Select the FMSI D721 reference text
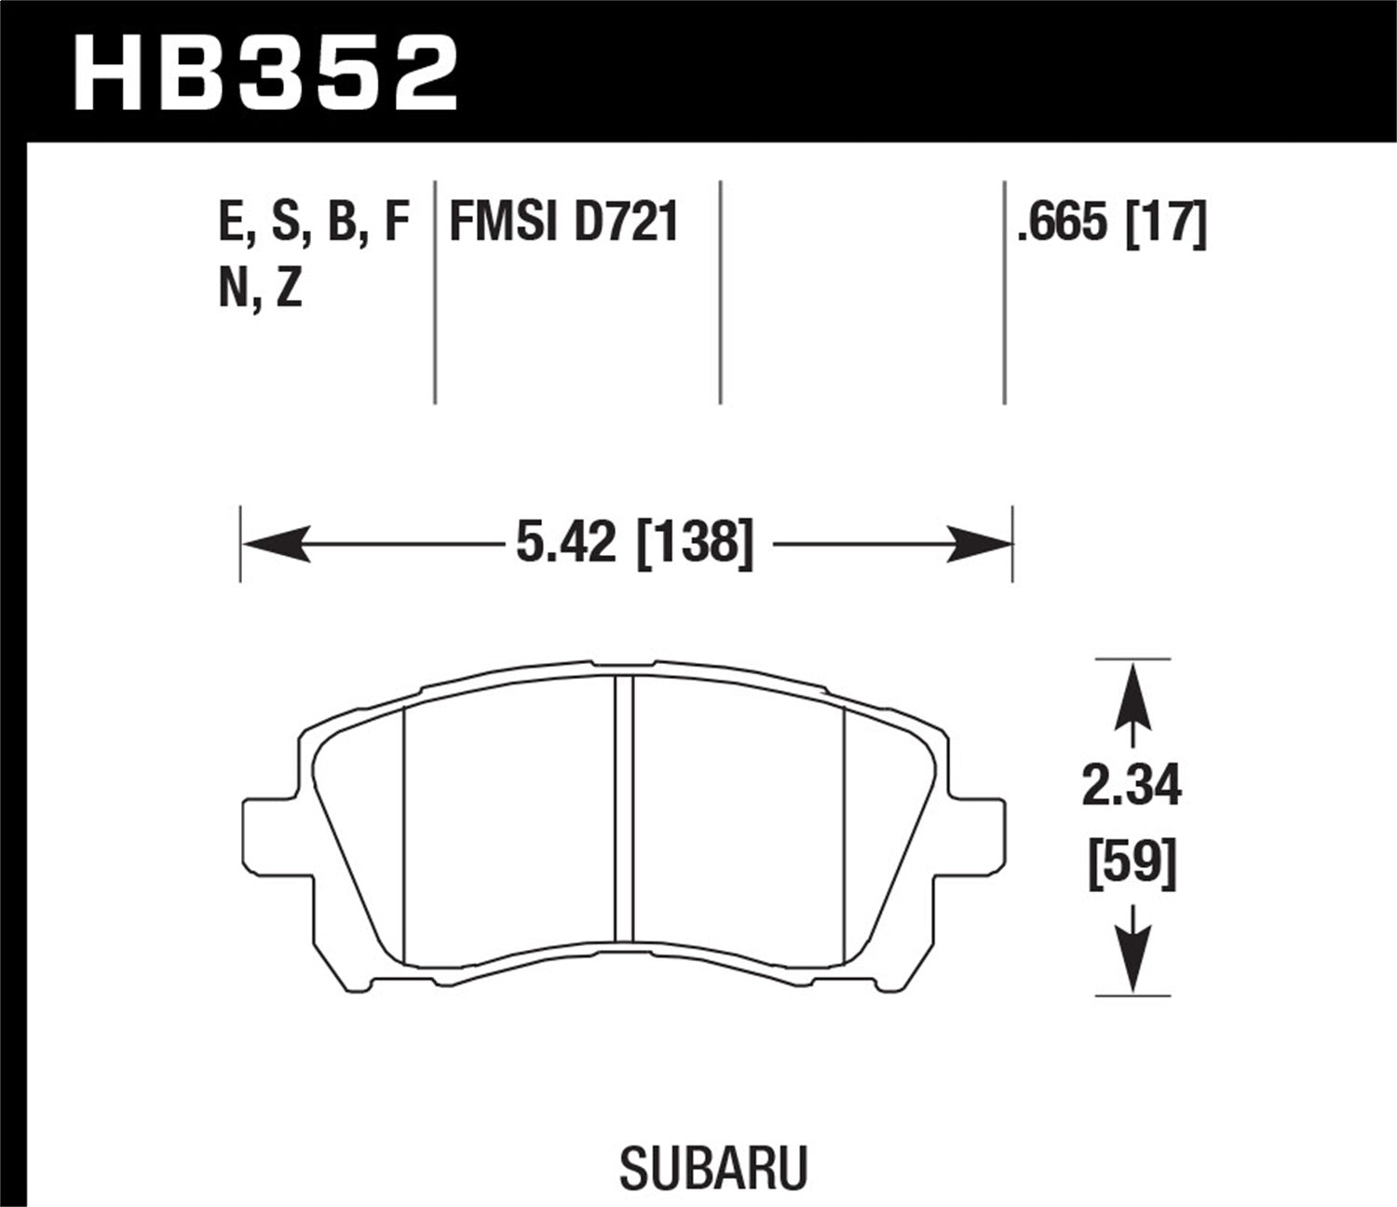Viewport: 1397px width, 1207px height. (563, 224)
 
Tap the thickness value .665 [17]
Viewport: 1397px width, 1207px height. (1111, 224)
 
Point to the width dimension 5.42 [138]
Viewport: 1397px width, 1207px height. (634, 543)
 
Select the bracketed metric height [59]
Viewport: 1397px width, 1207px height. (1132, 863)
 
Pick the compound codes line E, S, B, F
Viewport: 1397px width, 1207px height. (314, 224)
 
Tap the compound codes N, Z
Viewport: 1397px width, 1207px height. (260, 292)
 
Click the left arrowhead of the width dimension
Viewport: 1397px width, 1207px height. (275, 543)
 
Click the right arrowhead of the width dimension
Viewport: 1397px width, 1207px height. (979, 543)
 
